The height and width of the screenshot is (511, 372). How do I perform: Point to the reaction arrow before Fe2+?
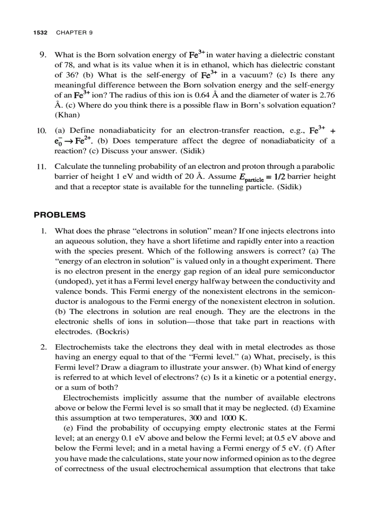pos(71,141)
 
